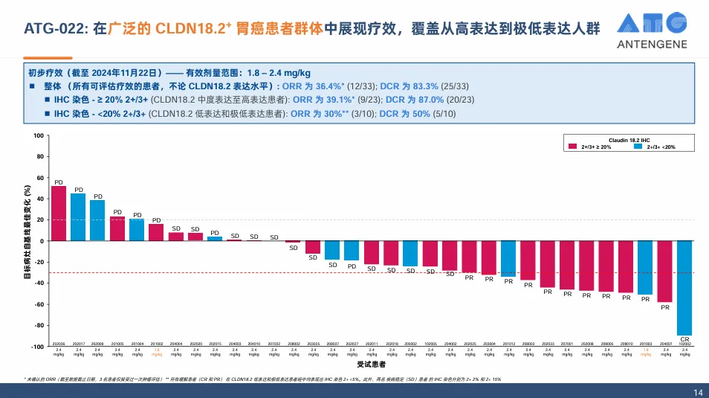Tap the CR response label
pyautogui.click(x=684, y=338)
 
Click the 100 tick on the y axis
pyautogui.click(x=39, y=136)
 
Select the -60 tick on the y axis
pyautogui.click(x=39, y=304)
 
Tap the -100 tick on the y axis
pyautogui.click(x=37, y=347)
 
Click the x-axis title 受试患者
pyautogui.click(x=371, y=365)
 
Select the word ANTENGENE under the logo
pyautogui.click(x=652, y=45)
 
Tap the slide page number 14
pyautogui.click(x=697, y=392)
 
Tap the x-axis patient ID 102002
pyautogui.click(x=684, y=344)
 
